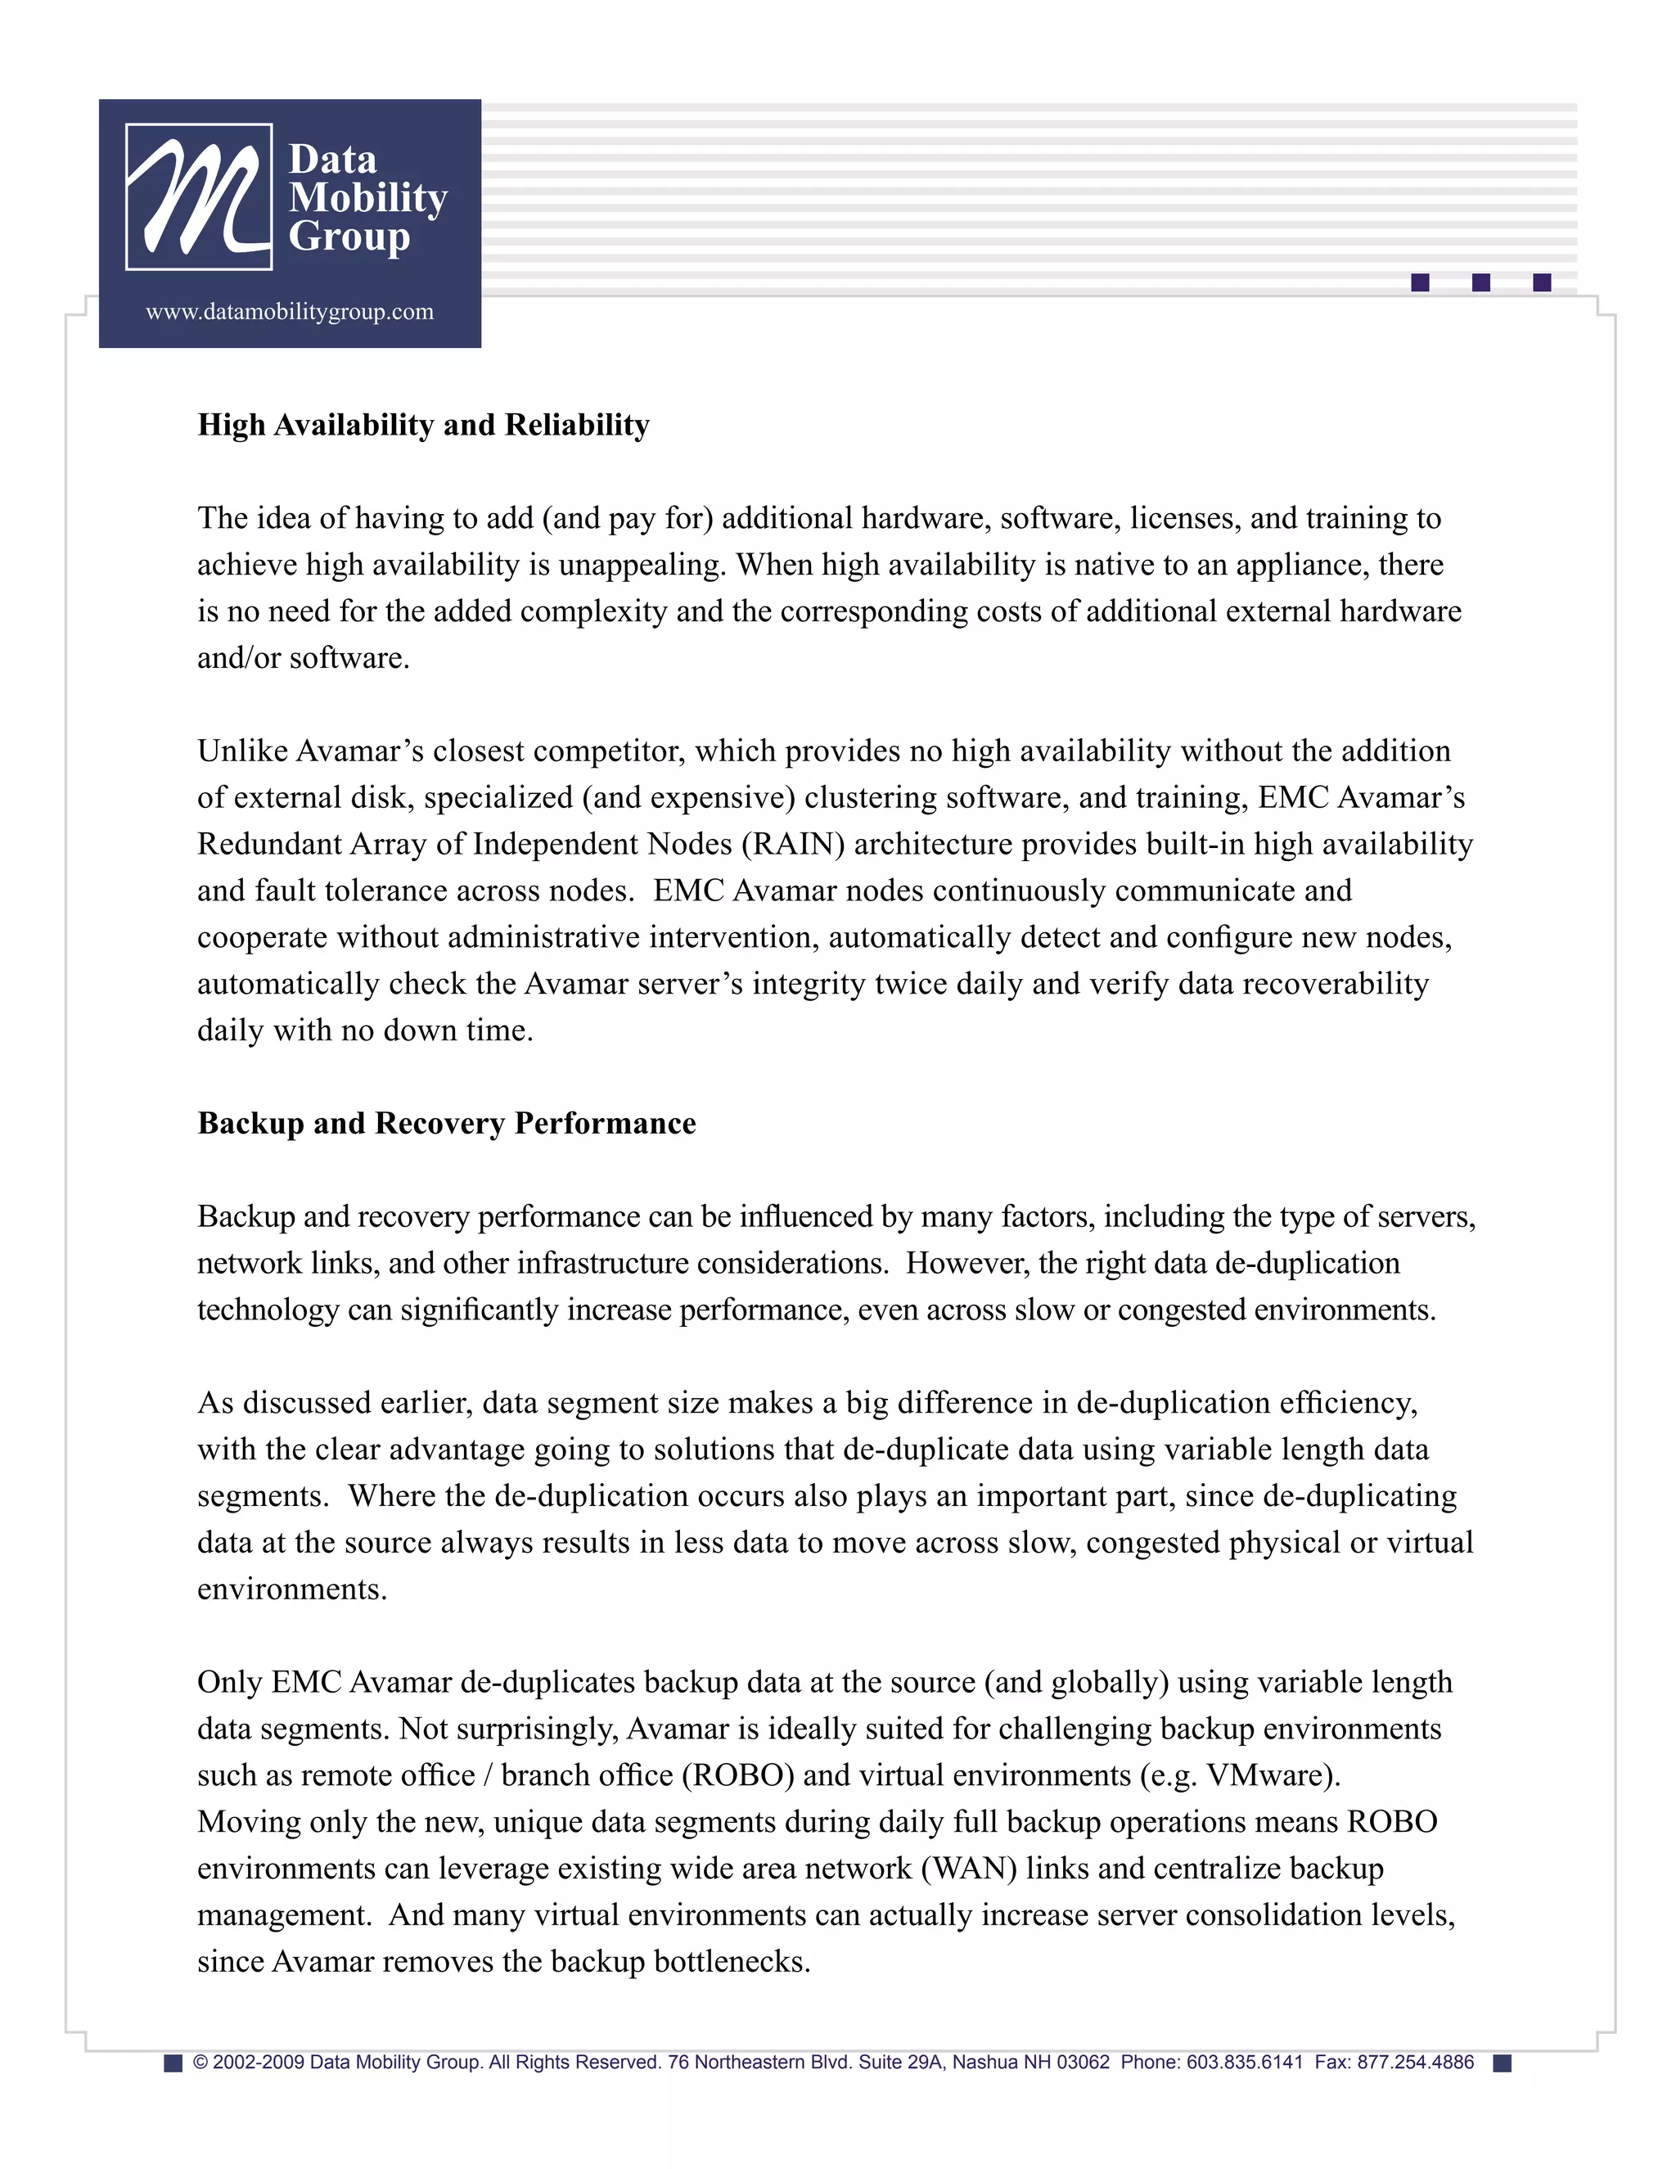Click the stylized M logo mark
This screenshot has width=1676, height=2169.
click(x=199, y=196)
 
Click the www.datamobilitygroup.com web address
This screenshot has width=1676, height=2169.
click(x=290, y=312)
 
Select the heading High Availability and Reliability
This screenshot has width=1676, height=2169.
click(x=423, y=425)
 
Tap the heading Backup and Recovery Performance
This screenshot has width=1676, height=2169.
click(x=446, y=1123)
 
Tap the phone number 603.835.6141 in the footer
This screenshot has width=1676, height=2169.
click(x=1244, y=2063)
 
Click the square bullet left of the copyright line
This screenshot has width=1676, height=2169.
click(x=173, y=2063)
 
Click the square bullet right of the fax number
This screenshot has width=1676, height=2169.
click(x=1503, y=2063)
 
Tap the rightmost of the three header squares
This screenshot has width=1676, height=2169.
click(x=1542, y=283)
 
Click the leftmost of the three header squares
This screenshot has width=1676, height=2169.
click(x=1420, y=283)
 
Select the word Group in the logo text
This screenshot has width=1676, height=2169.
click(x=349, y=237)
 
